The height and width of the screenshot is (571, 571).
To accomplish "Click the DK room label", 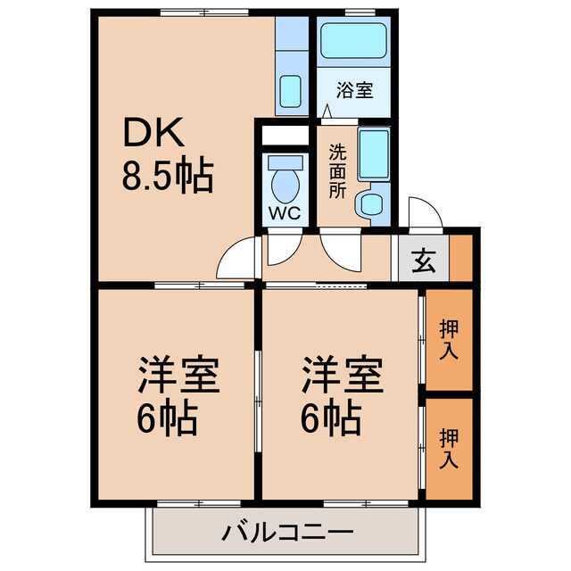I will pyautogui.click(x=153, y=134).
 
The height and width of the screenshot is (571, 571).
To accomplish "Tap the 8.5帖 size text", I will pyautogui.click(x=168, y=178).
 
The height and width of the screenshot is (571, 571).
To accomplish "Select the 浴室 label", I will pyautogui.click(x=354, y=90).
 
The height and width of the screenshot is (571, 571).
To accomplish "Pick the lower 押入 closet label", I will pyautogui.click(x=449, y=448).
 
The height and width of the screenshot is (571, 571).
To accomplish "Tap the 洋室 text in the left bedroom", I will pyautogui.click(x=178, y=376).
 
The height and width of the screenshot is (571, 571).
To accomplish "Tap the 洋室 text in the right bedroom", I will pyautogui.click(x=342, y=376).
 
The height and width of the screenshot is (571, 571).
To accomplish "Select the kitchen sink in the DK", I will pyautogui.click(x=291, y=89).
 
